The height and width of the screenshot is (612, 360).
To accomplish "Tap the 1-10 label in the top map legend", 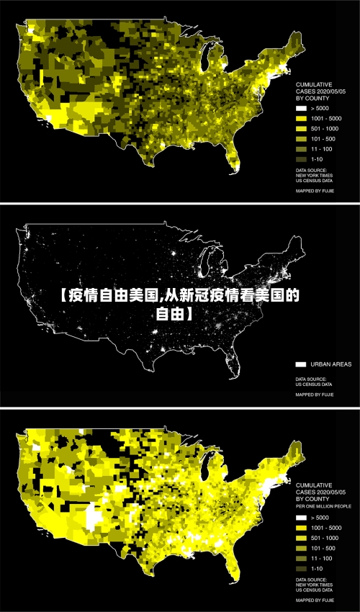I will tap(317, 158).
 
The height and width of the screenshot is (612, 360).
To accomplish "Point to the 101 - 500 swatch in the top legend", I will tap(301, 138).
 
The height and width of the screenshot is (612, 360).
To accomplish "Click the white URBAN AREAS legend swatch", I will tap(301, 364).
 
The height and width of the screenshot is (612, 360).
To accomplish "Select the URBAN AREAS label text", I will tap(331, 364).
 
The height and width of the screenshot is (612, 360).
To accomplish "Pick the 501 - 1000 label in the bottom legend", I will tap(325, 538).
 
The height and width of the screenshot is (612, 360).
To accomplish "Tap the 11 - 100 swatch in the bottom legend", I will tap(301, 558).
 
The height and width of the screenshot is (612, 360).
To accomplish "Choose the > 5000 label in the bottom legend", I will tap(321, 517).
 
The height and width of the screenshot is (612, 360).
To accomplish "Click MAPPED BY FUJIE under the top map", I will tap(315, 192).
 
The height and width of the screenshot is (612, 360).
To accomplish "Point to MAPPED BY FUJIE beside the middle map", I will tap(315, 395).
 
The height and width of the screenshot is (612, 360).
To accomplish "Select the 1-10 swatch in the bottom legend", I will tap(301, 568).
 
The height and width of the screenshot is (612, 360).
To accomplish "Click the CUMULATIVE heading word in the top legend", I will tap(315, 85).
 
